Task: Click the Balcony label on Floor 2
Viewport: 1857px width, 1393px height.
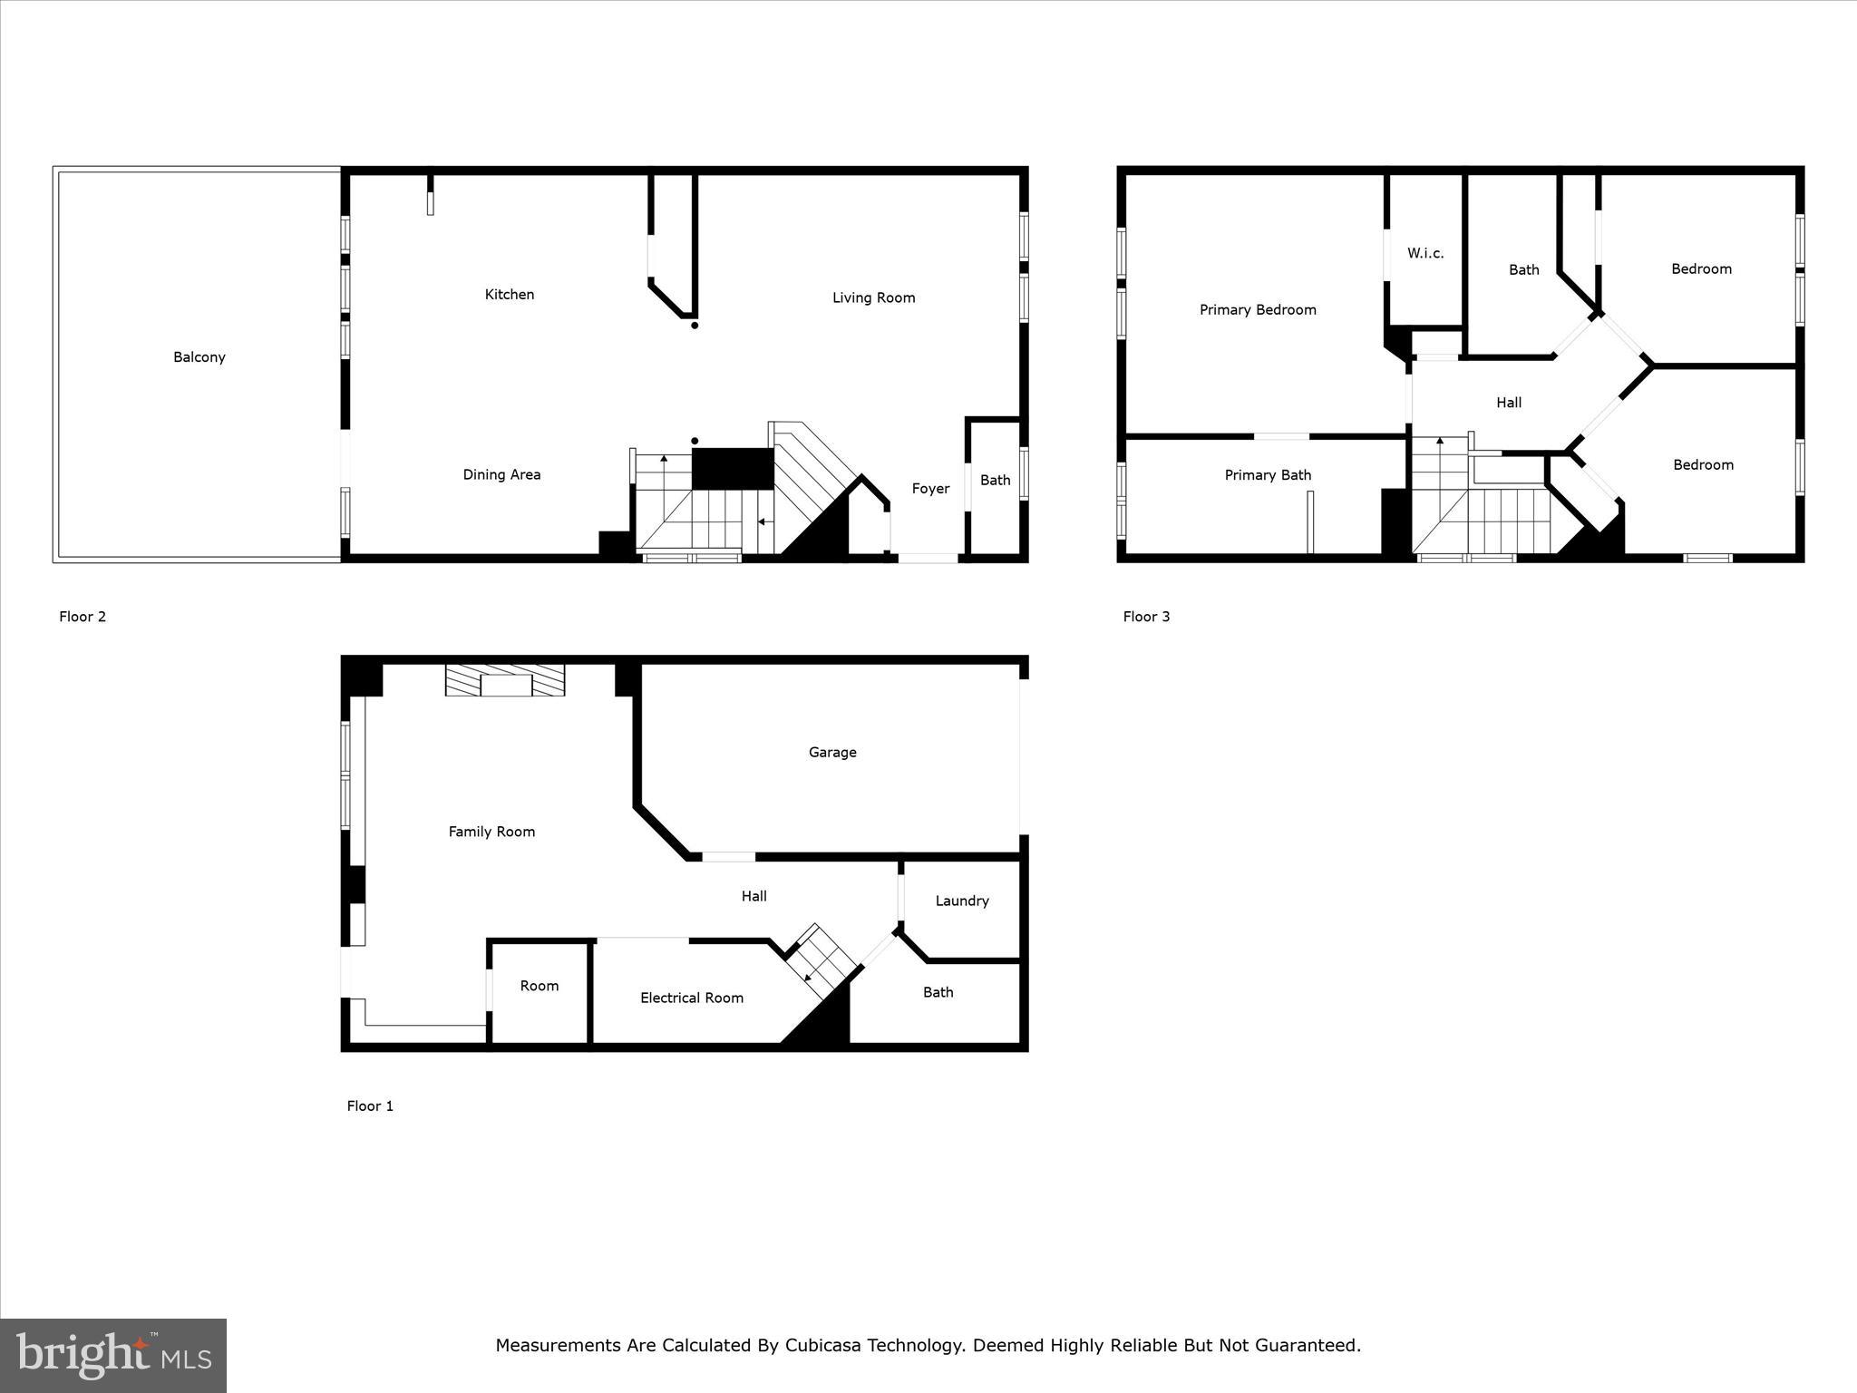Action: pos(199,357)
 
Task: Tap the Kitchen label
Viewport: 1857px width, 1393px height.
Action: pos(510,295)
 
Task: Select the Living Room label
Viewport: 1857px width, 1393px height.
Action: pos(874,297)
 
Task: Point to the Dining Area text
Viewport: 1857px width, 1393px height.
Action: pos(501,474)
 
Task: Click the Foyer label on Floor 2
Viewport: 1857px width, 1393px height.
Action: pos(930,489)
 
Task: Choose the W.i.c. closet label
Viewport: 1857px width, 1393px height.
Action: pos(1425,253)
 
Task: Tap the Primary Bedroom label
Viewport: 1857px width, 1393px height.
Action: pos(1258,310)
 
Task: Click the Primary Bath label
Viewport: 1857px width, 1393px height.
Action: pos(1268,475)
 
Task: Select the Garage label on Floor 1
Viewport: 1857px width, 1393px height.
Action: pos(832,752)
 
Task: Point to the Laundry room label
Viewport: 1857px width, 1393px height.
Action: pos(962,901)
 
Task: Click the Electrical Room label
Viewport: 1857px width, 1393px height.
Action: pos(692,998)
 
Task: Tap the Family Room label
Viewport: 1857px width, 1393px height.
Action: pos(491,832)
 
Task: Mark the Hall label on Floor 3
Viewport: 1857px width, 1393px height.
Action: pos(1509,403)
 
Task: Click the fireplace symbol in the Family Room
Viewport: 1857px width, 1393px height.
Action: pos(505,680)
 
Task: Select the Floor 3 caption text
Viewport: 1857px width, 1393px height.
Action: pos(1146,617)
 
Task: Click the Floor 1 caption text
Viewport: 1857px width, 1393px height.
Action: pos(370,1106)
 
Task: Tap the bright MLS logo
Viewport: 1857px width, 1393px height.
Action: pos(113,1355)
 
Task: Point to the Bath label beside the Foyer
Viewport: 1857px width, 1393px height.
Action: pos(995,481)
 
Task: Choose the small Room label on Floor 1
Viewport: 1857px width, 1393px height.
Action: pos(540,986)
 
